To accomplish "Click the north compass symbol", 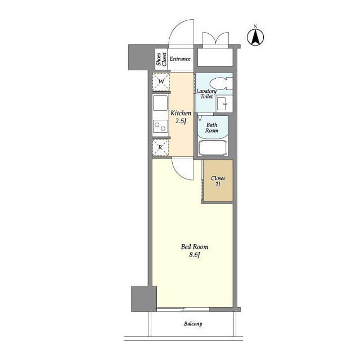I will coord(256,37).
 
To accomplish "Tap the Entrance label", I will coord(180,58).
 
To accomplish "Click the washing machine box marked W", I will coord(161,82).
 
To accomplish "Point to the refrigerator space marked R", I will coord(161,148).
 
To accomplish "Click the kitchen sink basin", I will coord(160,103).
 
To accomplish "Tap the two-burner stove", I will coord(160,127).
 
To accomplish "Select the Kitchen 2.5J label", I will coord(181,117).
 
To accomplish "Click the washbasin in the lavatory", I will coord(223,103).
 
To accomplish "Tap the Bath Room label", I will coord(211,128).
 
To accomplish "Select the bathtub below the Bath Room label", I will coord(212,148).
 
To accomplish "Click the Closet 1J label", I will coord(218,181).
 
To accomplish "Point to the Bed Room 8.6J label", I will coord(194,250).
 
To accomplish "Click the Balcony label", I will coord(192,324).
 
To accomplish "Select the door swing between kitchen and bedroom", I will coord(183,169).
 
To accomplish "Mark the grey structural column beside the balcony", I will coord(143,298).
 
